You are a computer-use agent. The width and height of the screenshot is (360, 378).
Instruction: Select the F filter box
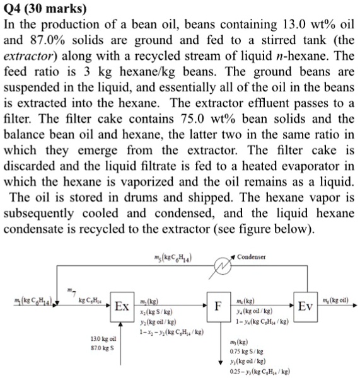[217, 307]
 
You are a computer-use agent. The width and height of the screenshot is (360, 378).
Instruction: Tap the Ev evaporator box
[306, 307]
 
